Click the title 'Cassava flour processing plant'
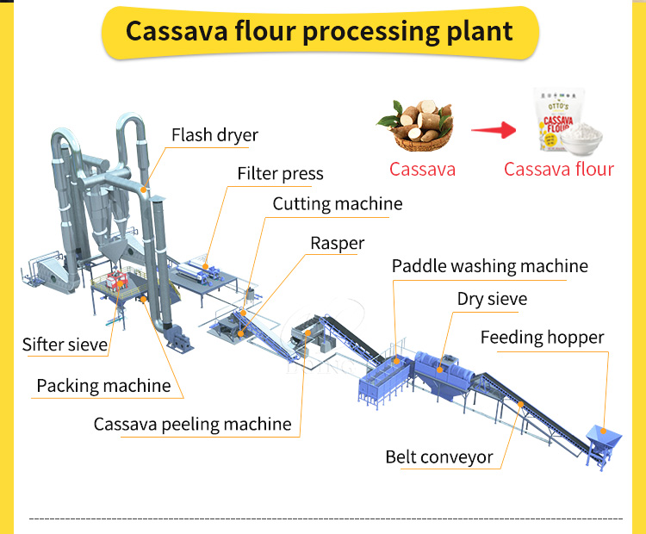(320, 31)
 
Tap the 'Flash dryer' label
(214, 135)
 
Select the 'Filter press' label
(280, 174)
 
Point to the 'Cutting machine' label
(338, 204)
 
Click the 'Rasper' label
(338, 244)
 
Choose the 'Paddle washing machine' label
(489, 266)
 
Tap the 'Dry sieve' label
(492, 300)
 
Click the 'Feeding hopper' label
(543, 338)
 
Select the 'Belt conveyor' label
(439, 456)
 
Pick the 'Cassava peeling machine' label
(193, 425)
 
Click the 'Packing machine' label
(103, 386)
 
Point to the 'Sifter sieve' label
(65, 345)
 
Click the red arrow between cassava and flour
(493, 131)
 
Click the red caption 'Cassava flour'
(559, 169)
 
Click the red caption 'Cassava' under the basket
(422, 169)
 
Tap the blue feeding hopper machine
(600, 440)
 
